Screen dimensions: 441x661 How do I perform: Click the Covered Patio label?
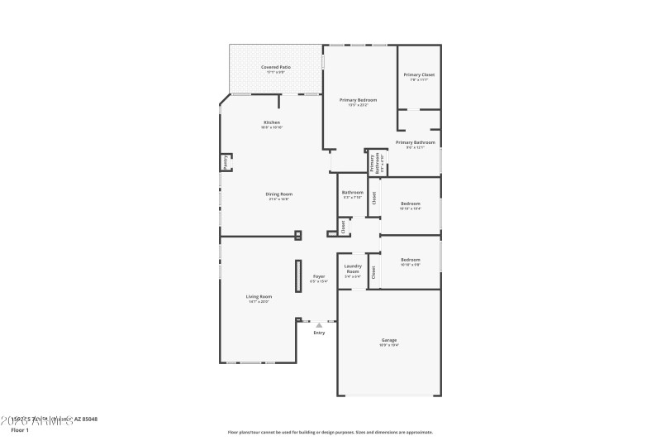[x=276, y=67]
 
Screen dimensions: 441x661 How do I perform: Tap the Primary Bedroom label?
[x=359, y=100]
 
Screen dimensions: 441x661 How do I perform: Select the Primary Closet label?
[x=419, y=75]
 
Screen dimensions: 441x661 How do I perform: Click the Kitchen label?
[x=272, y=122]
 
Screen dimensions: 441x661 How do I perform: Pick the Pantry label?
[x=225, y=162]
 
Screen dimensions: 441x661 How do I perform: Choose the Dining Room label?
[x=279, y=194]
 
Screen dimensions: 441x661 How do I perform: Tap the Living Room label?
[x=259, y=296]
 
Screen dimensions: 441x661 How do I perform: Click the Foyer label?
[x=319, y=276]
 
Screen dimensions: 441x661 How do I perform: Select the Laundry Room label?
[x=353, y=269]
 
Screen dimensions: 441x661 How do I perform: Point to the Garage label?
[x=389, y=340]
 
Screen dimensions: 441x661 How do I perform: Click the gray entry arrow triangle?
[x=319, y=325]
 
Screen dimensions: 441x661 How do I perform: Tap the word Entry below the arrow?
[x=319, y=333]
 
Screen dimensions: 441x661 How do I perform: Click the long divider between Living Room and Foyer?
[x=298, y=275]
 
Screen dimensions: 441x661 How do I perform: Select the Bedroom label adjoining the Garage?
[x=411, y=260]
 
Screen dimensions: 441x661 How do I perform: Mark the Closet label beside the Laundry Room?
[x=374, y=271]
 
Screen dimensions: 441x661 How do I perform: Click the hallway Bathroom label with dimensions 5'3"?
[x=352, y=193]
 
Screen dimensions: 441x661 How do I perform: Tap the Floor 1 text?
[x=19, y=430]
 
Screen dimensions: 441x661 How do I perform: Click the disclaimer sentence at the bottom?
[x=330, y=432]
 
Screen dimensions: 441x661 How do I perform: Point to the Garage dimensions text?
[x=389, y=345]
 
